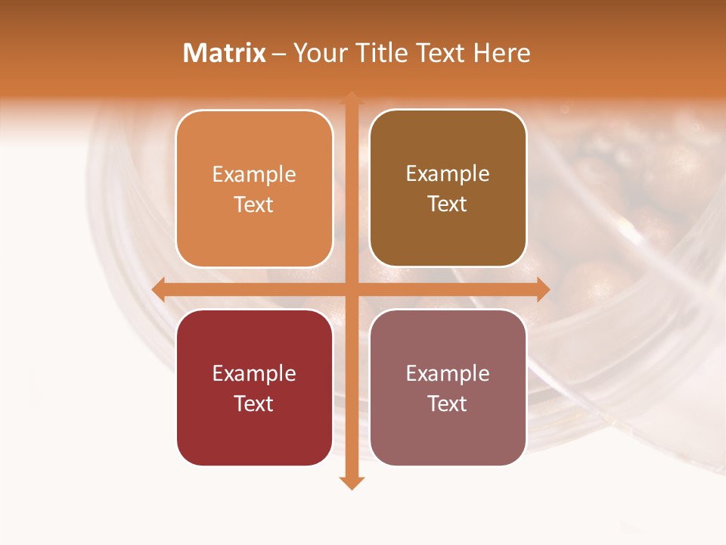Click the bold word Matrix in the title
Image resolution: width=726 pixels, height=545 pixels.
(x=225, y=53)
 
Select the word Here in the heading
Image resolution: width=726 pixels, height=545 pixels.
(x=502, y=53)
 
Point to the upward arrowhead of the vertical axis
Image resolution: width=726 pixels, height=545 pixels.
(x=352, y=98)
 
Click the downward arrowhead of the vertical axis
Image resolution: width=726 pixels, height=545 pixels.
(x=352, y=482)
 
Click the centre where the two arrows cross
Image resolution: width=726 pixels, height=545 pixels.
(x=352, y=289)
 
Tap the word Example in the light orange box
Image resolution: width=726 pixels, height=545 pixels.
(x=254, y=175)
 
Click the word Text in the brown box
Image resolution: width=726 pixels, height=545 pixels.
(x=448, y=204)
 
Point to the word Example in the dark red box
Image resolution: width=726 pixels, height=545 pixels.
(x=254, y=374)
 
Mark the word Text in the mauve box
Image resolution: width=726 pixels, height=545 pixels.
(x=448, y=403)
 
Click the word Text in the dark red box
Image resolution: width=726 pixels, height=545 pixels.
(x=254, y=403)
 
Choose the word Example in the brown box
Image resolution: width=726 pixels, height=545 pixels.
(x=448, y=175)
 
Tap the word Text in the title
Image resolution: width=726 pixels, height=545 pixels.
(x=441, y=53)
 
